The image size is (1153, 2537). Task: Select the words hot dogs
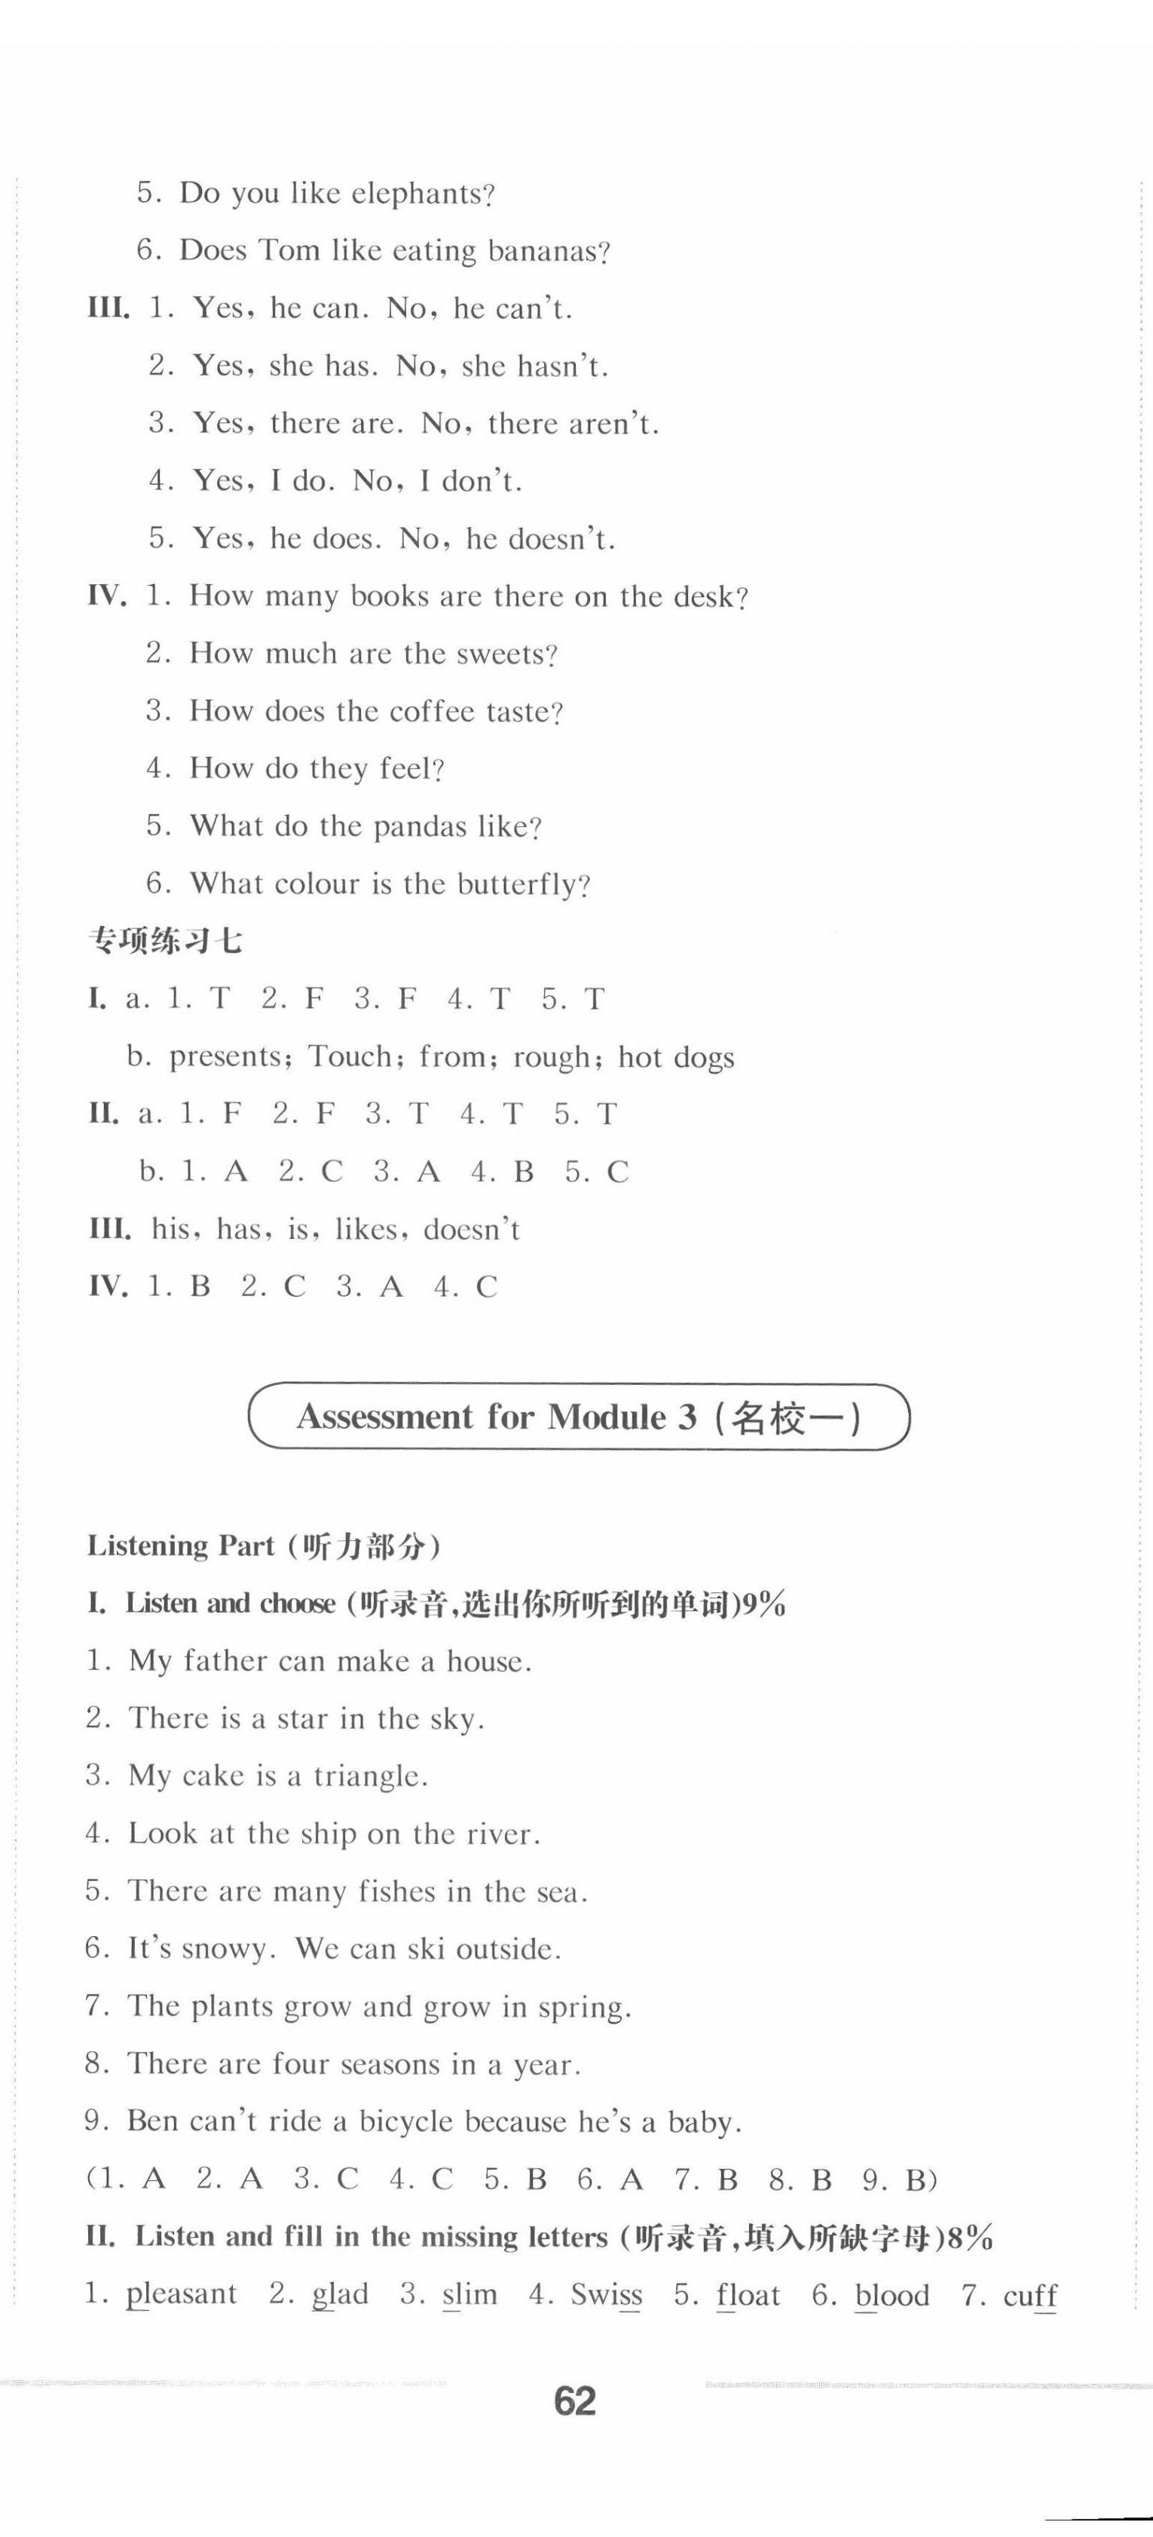pos(677,1057)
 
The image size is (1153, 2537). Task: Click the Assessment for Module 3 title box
pos(578,1417)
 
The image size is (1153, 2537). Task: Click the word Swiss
pos(607,2295)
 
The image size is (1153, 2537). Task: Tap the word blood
pos(892,2295)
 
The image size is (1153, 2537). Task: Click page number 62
pos(575,2403)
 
